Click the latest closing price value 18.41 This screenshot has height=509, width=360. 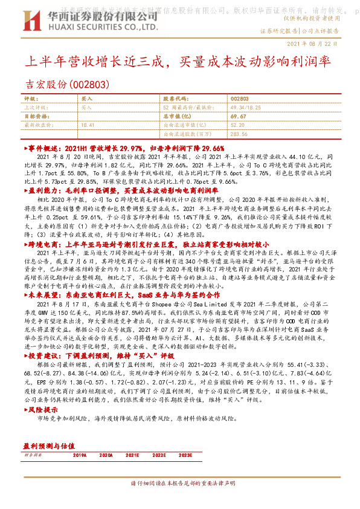88,125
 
